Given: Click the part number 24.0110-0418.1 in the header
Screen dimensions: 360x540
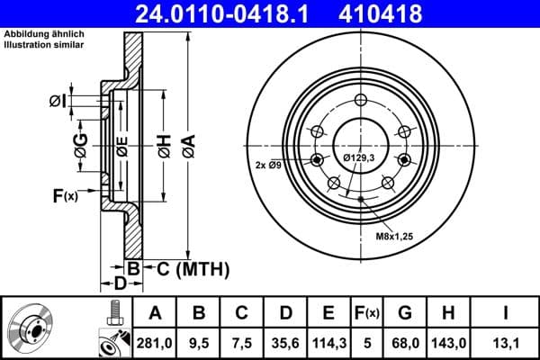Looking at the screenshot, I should pos(227,13).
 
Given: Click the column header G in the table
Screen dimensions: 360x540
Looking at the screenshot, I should pos(405,313).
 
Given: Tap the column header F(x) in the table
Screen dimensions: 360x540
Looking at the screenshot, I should pos(366,313).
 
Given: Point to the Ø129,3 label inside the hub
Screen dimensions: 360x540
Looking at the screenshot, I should pos(360,159).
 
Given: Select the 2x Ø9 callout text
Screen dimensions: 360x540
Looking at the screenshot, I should pos(270,165).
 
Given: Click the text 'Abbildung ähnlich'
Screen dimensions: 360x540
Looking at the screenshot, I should pos(42,34).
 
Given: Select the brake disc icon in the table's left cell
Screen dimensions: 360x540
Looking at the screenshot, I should pos(36,328).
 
